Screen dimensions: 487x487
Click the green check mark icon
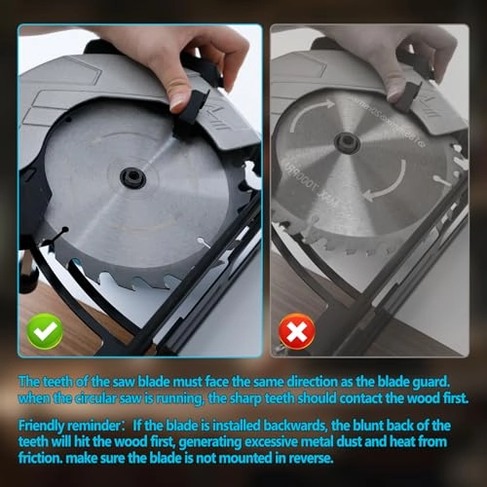pos(45,331)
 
